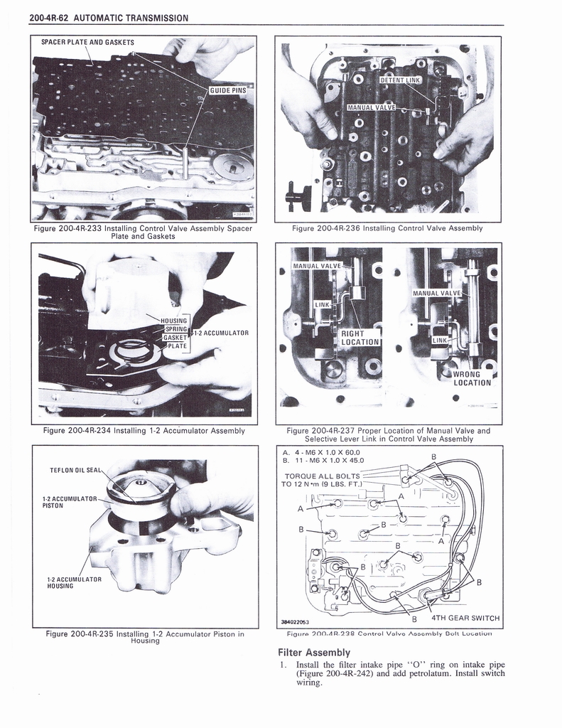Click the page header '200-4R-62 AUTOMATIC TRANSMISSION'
(x=109, y=18)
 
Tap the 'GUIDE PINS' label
(x=227, y=90)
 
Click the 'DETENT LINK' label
(x=401, y=80)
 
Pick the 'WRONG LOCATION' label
(x=471, y=378)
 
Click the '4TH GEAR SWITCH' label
(x=465, y=618)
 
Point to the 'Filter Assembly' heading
(x=314, y=652)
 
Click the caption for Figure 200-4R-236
(x=387, y=228)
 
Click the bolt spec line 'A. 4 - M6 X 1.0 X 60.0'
(x=321, y=451)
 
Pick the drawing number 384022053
(x=300, y=621)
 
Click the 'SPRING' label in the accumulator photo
(x=175, y=329)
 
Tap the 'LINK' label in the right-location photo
(x=322, y=304)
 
